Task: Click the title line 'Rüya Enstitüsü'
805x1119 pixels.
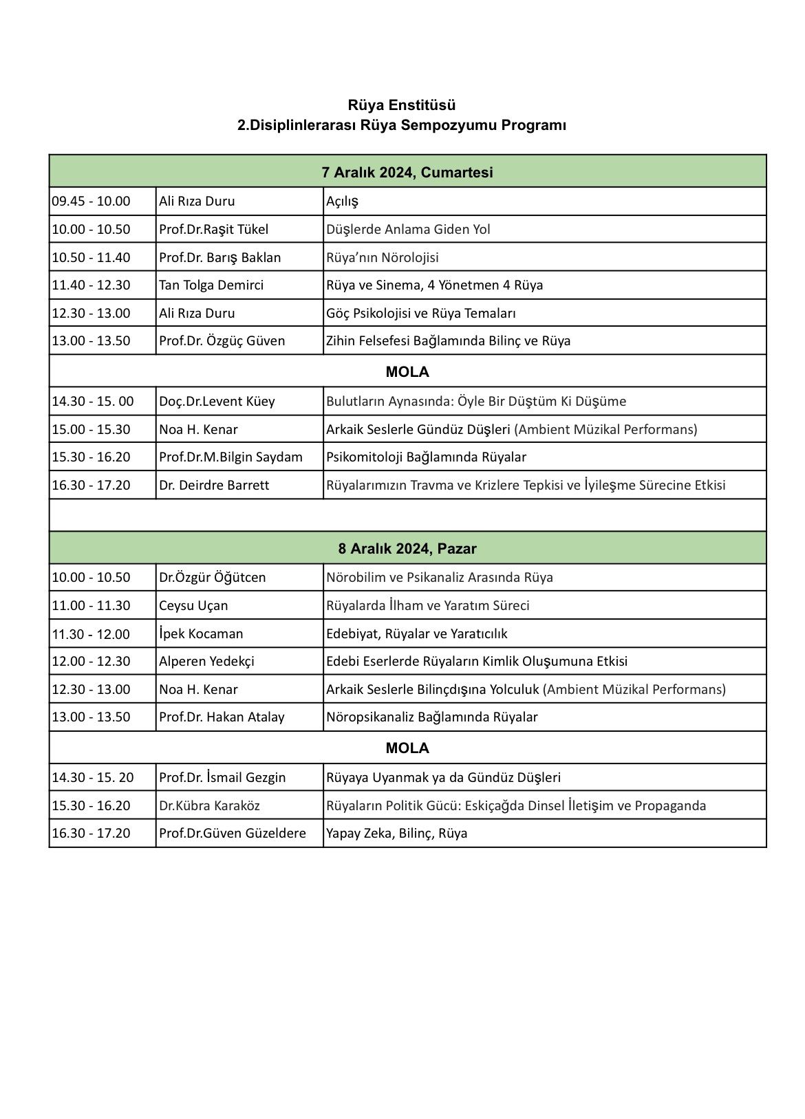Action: point(402,105)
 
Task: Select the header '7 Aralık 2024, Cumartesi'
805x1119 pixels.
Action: point(407,173)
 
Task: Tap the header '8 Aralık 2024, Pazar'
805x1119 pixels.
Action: point(407,549)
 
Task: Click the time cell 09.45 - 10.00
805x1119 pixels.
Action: point(91,202)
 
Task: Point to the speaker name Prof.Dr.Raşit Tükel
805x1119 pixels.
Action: point(213,229)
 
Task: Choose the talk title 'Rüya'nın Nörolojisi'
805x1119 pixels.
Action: point(383,257)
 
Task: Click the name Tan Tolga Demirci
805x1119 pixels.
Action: point(211,285)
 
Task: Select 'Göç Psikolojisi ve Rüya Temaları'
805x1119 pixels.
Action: point(421,313)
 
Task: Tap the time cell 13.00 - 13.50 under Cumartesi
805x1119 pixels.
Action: point(91,340)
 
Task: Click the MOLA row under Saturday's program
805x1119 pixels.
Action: point(407,372)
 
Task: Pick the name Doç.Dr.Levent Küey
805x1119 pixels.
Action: point(217,401)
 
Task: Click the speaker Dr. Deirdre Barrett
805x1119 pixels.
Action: point(214,485)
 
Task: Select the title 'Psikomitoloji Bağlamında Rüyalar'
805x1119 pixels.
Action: point(426,457)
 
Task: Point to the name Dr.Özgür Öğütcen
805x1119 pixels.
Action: point(212,577)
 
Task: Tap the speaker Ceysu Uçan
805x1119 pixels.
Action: point(193,605)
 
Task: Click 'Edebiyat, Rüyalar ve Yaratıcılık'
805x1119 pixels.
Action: point(416,633)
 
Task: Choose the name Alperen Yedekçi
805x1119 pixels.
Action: point(206,661)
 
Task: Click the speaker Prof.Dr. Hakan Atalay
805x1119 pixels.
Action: point(222,717)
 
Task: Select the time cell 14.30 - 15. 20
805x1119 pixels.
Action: point(93,777)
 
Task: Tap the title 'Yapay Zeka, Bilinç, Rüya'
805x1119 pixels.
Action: point(396,833)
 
